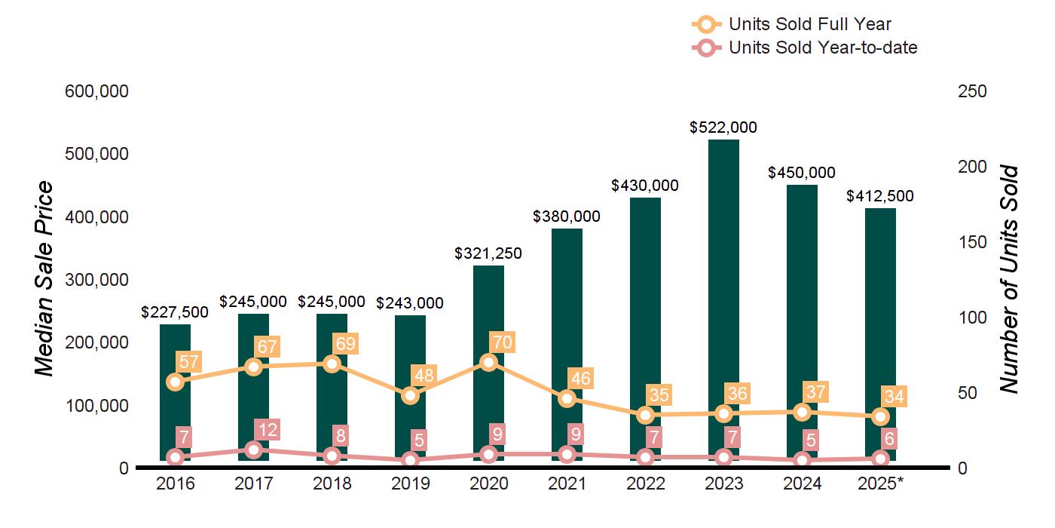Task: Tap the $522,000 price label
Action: point(723,127)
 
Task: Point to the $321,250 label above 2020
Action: point(488,254)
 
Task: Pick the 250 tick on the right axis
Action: point(972,91)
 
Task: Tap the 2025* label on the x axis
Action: point(879,483)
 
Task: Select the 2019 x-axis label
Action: point(410,483)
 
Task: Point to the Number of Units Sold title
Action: point(1009,279)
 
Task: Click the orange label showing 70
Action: point(501,342)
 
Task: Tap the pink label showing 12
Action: point(267,430)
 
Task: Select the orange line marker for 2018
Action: point(332,364)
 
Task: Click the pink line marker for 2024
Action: point(802,460)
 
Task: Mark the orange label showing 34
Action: point(895,396)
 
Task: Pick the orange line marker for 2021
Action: point(567,398)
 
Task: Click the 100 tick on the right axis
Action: point(972,318)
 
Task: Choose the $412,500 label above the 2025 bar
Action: point(880,196)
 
